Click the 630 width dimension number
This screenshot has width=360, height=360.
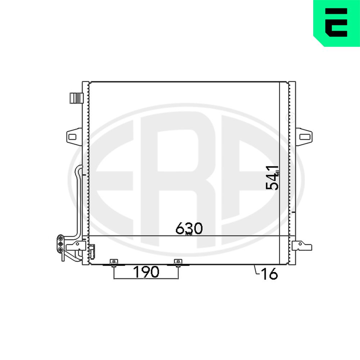[x=189, y=228]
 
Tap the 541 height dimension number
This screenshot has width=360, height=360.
[x=272, y=178]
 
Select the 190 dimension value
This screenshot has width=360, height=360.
[x=146, y=272]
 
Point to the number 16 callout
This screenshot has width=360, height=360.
[x=269, y=274]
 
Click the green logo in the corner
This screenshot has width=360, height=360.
[x=337, y=23]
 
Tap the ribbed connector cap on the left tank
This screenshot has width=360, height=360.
[x=76, y=98]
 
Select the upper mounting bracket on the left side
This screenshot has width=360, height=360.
[x=74, y=137]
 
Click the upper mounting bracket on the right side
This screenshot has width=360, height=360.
[x=304, y=137]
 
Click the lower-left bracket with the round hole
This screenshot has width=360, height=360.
[x=76, y=246]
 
